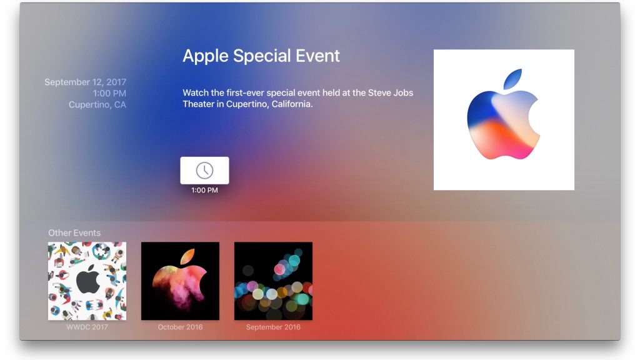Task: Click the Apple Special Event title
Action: point(261,56)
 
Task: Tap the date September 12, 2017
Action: point(85,82)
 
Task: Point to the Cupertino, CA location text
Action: point(97,105)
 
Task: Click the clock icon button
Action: point(204,170)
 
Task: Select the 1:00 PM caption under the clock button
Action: point(204,190)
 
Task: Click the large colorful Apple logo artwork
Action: point(504,120)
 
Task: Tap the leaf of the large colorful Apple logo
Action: point(513,79)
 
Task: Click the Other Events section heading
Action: point(74,233)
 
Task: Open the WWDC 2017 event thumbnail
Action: point(87,281)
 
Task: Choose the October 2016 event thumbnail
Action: point(180,281)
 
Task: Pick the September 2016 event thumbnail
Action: point(273,281)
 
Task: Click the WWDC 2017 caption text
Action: point(87,327)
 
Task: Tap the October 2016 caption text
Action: point(180,327)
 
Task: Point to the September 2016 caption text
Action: point(273,327)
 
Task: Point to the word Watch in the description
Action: point(196,93)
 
